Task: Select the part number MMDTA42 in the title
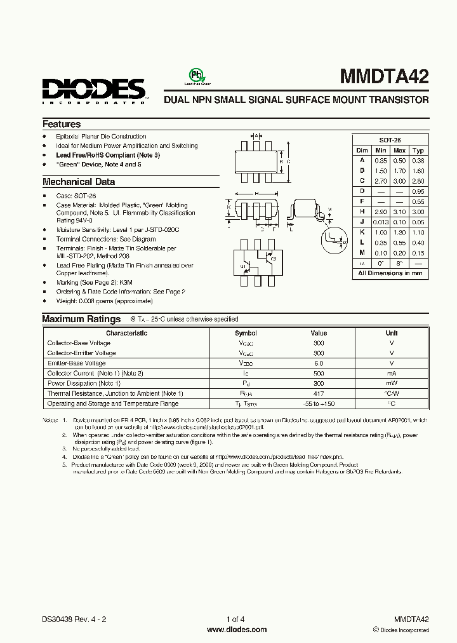point(385,77)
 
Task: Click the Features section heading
point(62,125)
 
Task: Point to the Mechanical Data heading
point(79,182)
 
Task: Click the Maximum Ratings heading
point(81,319)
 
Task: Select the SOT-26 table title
point(390,140)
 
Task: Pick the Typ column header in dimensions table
point(418,151)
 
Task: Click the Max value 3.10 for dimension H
point(399,212)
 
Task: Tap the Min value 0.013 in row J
point(380,222)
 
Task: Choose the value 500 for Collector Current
point(319,373)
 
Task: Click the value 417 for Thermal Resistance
point(319,393)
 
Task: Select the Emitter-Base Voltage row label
point(77,363)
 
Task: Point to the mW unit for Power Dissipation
point(392,383)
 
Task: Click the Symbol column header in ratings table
point(246,333)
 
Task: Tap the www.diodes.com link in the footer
point(237,630)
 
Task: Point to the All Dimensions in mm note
point(390,273)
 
